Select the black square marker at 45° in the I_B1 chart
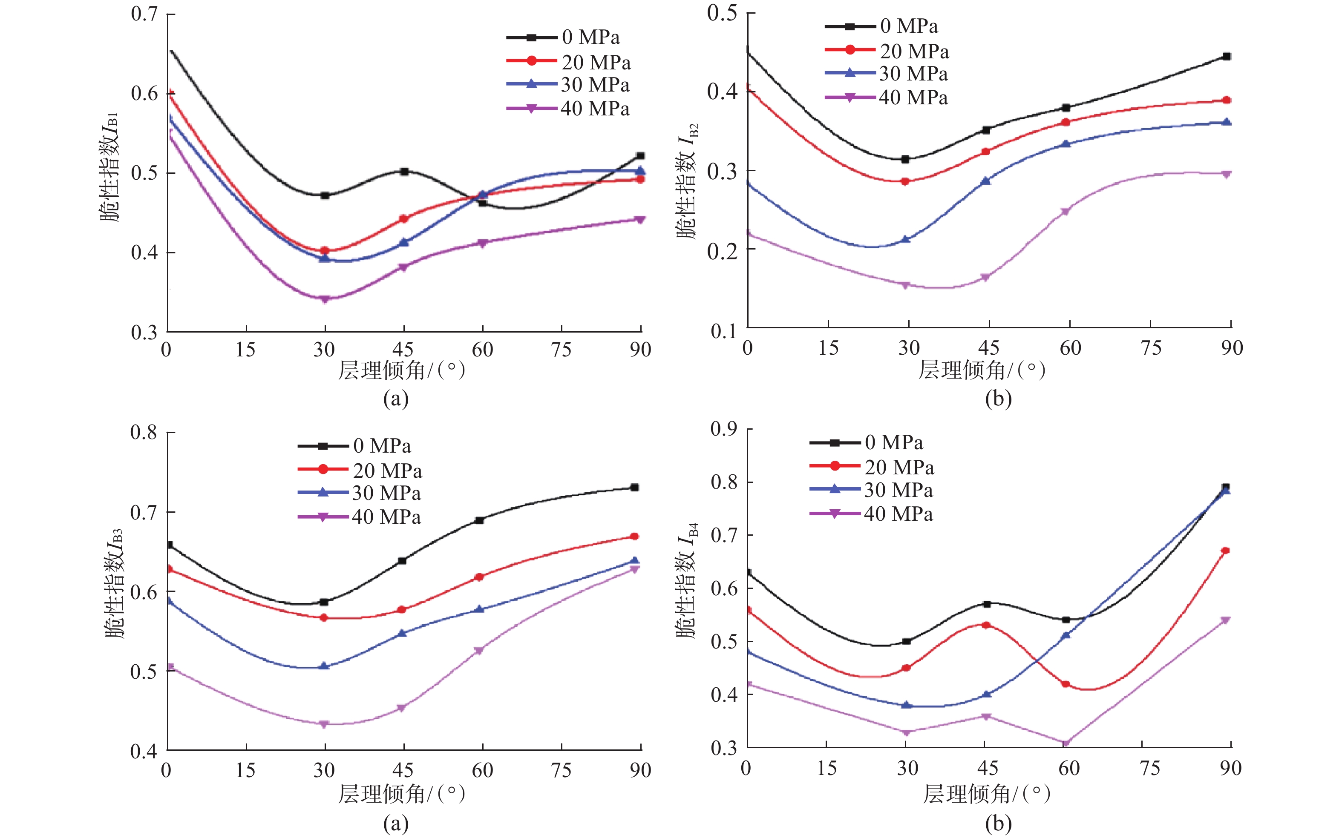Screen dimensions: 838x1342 (404, 172)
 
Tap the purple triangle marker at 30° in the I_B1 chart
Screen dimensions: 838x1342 (325, 299)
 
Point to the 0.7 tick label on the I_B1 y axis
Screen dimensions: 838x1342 (144, 14)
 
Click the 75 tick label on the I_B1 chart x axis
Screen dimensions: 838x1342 (561, 349)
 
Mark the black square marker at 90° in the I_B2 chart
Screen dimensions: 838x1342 (1227, 57)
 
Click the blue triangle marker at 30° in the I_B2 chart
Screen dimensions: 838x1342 (906, 239)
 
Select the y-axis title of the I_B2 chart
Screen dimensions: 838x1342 (686, 180)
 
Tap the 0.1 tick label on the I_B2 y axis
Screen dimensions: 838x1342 (724, 331)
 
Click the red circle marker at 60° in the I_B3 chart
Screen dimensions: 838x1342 (480, 577)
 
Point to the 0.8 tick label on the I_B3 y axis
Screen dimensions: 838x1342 (144, 432)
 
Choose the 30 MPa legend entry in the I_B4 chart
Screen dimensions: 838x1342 (899, 490)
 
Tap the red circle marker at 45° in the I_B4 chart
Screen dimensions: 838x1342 (986, 625)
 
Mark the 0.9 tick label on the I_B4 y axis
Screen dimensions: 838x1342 (724, 428)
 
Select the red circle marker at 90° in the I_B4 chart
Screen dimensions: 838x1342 (1226, 551)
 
